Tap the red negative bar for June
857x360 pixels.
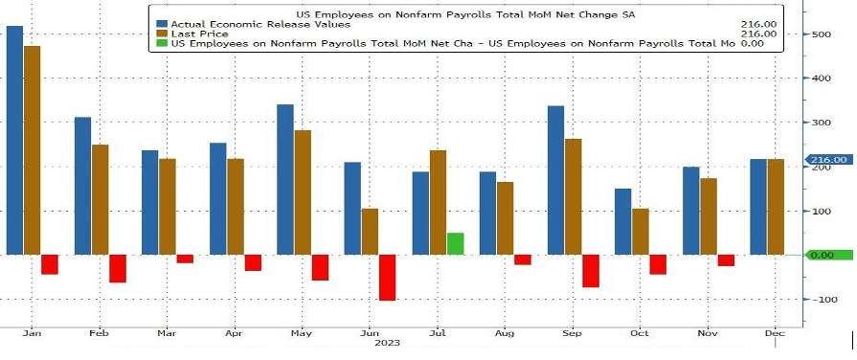(387, 278)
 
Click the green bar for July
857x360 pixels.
(455, 243)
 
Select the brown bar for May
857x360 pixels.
(303, 192)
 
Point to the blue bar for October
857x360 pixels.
(623, 221)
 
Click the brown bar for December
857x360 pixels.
(776, 207)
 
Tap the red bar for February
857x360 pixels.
(117, 268)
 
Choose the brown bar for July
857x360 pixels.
(438, 202)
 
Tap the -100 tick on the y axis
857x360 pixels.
(823, 300)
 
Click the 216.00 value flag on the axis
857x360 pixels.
(827, 160)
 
